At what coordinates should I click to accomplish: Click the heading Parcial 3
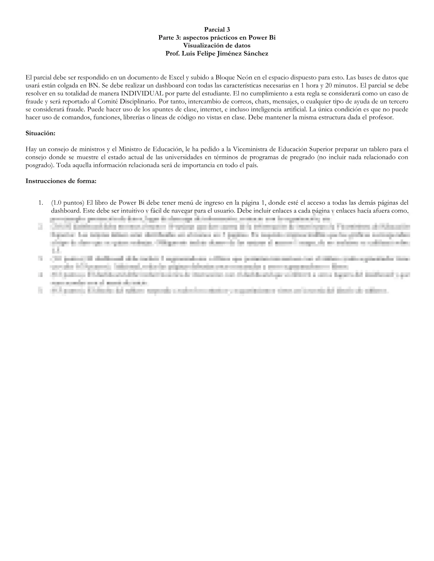pyautogui.click(x=217, y=30)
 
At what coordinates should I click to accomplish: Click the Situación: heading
pyautogui.click(x=40, y=133)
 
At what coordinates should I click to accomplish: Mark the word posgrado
pyautogui.click(x=39, y=165)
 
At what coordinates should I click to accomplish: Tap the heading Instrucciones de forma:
pyautogui.click(x=61, y=181)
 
